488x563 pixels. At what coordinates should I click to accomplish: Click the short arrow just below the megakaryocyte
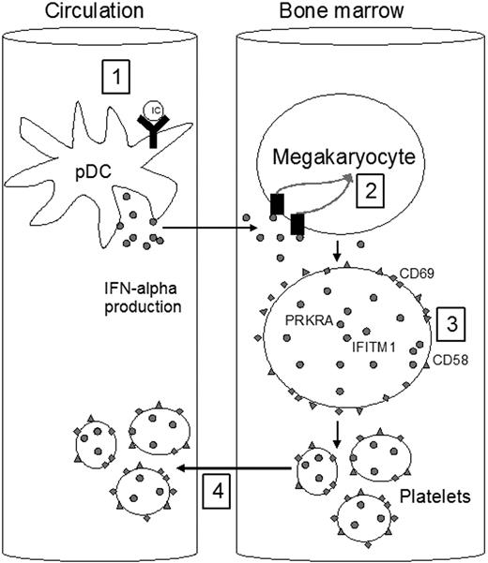[335, 250]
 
